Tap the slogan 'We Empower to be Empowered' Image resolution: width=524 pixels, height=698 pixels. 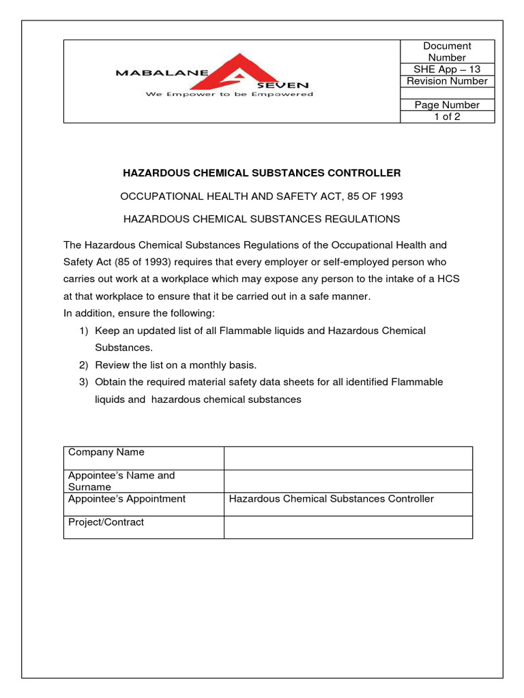pos(229,94)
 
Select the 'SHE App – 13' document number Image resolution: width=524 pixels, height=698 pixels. pos(447,70)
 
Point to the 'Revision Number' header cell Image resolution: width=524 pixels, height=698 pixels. pos(447,81)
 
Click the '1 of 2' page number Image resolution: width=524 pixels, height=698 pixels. pos(447,117)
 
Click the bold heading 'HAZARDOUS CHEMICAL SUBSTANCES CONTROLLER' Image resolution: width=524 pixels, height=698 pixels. pos(261,173)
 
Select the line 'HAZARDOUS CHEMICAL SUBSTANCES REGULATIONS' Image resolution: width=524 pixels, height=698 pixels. pos(261,219)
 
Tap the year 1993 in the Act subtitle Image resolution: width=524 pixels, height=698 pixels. pos(390,196)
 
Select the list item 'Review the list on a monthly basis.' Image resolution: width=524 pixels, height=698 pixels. pos(175,365)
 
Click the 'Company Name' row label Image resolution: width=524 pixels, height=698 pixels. pos(106,452)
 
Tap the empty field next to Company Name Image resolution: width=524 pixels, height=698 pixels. pos(348,458)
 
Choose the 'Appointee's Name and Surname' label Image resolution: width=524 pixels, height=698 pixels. pos(121,481)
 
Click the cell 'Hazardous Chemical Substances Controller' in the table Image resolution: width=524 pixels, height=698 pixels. pos(331,499)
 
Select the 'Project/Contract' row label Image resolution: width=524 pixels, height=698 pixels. pos(106,522)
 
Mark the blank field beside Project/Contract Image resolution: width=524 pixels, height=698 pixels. pos(348,528)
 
